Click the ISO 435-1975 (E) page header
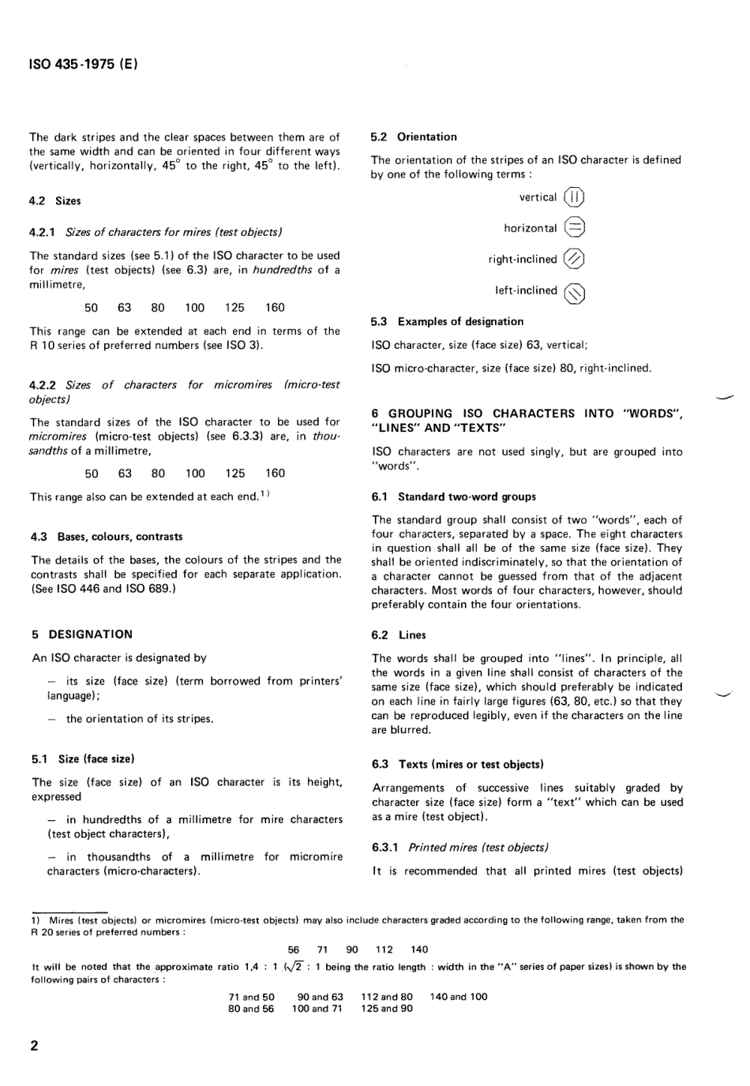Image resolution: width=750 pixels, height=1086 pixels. pyautogui.click(x=84, y=65)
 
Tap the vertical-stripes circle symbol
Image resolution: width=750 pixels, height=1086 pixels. pyautogui.click(x=575, y=197)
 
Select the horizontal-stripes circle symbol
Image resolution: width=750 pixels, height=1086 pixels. pyautogui.click(x=575, y=228)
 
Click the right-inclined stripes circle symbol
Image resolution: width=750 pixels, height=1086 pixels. pyautogui.click(x=575, y=259)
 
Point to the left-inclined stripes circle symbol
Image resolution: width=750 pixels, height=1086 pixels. pyautogui.click(x=575, y=293)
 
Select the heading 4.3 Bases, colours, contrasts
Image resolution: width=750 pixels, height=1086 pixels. pyautogui.click(x=107, y=537)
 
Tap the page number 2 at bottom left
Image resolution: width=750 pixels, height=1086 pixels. pyautogui.click(x=34, y=1047)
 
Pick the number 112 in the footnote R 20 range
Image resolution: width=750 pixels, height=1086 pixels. pyautogui.click(x=384, y=949)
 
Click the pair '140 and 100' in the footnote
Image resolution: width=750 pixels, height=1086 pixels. pyautogui.click(x=459, y=996)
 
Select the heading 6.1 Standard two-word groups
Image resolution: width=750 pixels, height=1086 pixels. pyautogui.click(x=453, y=496)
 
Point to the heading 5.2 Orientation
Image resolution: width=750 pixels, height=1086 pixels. pyautogui.click(x=414, y=137)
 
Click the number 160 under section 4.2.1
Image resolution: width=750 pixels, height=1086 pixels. pyautogui.click(x=275, y=308)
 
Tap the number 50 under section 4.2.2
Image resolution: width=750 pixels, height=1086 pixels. pyautogui.click(x=92, y=474)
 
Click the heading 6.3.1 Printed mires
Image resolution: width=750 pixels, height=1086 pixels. pyautogui.click(x=459, y=848)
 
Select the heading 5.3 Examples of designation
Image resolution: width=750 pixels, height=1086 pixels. pyautogui.click(x=447, y=321)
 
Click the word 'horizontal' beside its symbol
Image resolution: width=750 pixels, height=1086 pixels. pyautogui.click(x=530, y=228)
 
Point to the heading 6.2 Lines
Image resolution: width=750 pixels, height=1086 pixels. pyautogui.click(x=399, y=635)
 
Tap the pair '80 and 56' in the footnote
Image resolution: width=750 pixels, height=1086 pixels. pyautogui.click(x=251, y=1009)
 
